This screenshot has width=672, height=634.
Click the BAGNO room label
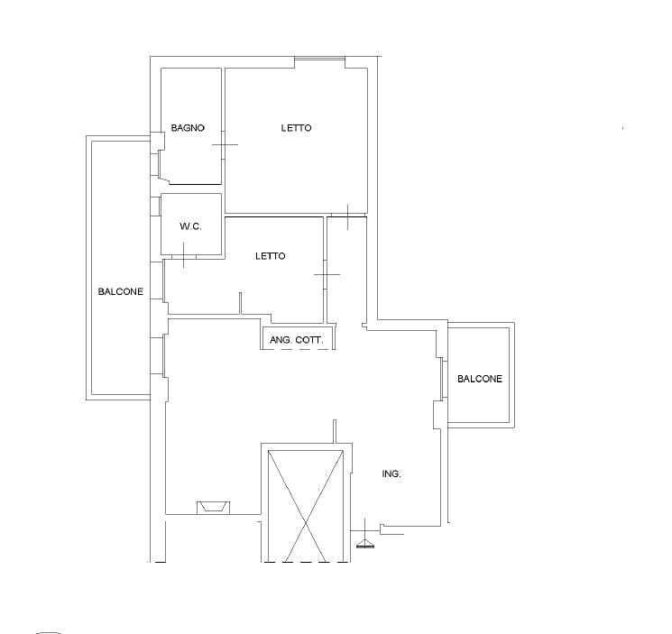pyautogui.click(x=188, y=128)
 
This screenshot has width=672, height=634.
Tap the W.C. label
pyautogui.click(x=190, y=226)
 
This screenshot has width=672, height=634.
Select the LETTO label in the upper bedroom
pyautogui.click(x=296, y=128)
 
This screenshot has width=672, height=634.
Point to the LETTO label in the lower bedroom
pyautogui.click(x=271, y=256)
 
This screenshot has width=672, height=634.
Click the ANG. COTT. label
pyautogui.click(x=297, y=340)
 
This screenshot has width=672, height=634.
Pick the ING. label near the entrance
pyautogui.click(x=391, y=473)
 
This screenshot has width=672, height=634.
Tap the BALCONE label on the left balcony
pyautogui.click(x=121, y=291)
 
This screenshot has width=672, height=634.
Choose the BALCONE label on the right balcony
pyautogui.click(x=480, y=379)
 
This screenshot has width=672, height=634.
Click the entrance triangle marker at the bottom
pyautogui.click(x=365, y=544)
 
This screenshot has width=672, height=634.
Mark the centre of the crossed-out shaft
pyautogui.click(x=306, y=523)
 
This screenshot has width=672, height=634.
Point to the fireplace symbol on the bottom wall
pyautogui.click(x=214, y=508)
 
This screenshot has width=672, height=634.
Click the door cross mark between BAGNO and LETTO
pyautogui.click(x=225, y=144)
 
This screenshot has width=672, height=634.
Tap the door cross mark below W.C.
pyautogui.click(x=184, y=256)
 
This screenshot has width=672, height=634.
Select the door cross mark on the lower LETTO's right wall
pyautogui.click(x=327, y=274)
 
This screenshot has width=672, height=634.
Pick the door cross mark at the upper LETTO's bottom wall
pyautogui.click(x=347, y=216)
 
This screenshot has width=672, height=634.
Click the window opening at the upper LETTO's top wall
pyautogui.click(x=319, y=59)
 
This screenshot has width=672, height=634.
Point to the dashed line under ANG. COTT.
pyautogui.click(x=298, y=349)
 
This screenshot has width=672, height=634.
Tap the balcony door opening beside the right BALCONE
pyautogui.click(x=444, y=380)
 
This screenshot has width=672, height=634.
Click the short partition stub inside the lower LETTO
pyautogui.click(x=240, y=303)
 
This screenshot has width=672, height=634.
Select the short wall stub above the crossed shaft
pyautogui.click(x=335, y=431)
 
